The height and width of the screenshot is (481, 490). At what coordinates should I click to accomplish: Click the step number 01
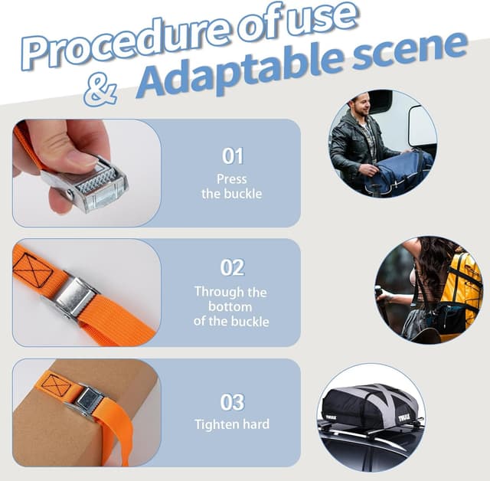[233, 156]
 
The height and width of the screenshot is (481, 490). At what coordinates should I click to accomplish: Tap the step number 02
[232, 268]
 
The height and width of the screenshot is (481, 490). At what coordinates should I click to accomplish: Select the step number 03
[232, 402]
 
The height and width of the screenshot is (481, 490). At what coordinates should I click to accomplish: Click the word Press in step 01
[232, 179]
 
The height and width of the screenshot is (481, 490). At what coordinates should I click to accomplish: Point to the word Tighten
[216, 425]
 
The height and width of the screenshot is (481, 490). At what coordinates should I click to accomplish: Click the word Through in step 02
[219, 293]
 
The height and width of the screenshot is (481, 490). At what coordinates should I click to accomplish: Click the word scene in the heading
[410, 50]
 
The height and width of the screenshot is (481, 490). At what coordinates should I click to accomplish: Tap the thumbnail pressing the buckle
[87, 173]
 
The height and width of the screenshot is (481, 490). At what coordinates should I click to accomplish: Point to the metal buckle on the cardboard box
[88, 402]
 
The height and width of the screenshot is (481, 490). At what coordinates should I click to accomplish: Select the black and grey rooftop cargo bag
[371, 407]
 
